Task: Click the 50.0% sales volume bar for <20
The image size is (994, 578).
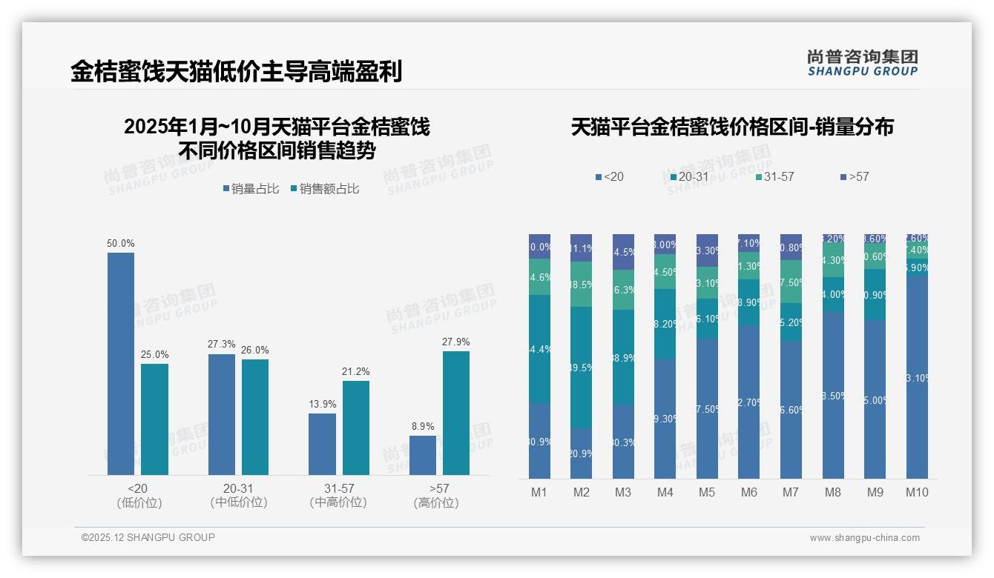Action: click(x=121, y=363)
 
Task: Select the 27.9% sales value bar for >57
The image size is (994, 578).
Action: click(x=455, y=413)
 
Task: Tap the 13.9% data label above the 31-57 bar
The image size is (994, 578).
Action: click(x=323, y=404)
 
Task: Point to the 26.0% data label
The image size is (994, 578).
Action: click(x=255, y=350)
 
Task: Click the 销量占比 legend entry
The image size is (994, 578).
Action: click(x=251, y=189)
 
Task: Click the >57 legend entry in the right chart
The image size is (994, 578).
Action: click(x=855, y=176)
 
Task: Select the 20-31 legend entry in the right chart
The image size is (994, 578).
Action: click(x=689, y=176)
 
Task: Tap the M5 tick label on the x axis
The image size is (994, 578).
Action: click(x=707, y=492)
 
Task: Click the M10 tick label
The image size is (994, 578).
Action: click(x=917, y=492)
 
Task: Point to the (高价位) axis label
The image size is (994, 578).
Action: click(x=436, y=503)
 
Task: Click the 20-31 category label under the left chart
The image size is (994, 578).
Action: click(x=239, y=489)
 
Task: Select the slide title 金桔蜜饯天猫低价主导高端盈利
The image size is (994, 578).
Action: click(x=237, y=71)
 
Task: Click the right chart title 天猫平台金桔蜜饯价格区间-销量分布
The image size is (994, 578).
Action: click(x=732, y=127)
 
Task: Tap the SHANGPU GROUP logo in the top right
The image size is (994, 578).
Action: click(x=863, y=63)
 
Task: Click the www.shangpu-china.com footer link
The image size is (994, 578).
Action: click(x=864, y=538)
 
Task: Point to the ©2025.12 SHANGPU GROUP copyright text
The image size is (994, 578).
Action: click(x=148, y=537)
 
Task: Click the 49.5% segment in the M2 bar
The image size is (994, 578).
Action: click(x=581, y=368)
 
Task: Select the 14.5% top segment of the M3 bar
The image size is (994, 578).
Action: click(x=623, y=252)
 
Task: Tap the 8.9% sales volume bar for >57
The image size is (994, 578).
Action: click(x=423, y=455)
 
